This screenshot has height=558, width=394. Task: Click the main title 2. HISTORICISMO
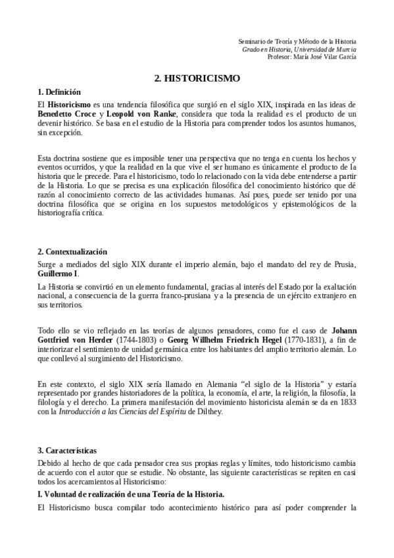click(197, 78)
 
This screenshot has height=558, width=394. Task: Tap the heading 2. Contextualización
click(72, 252)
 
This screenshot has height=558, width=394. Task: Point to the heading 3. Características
click(67, 450)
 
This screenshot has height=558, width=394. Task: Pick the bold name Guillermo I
click(59, 273)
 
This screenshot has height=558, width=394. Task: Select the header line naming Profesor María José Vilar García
click(312, 56)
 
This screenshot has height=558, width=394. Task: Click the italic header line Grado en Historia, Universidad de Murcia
click(299, 49)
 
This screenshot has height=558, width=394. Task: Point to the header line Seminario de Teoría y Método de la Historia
click(297, 41)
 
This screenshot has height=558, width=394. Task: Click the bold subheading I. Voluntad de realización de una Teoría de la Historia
click(132, 494)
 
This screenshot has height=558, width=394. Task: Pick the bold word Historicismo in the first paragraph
click(73, 104)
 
